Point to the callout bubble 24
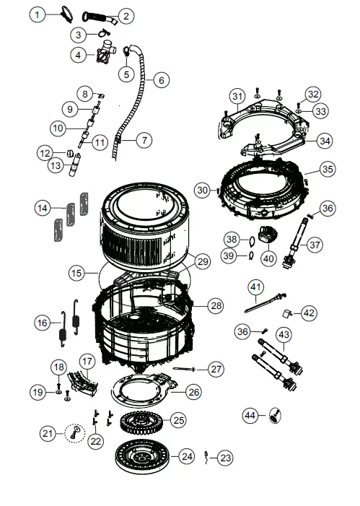click(186, 456)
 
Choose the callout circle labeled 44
click(250, 415)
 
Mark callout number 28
click(216, 305)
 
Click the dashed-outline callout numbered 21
click(48, 433)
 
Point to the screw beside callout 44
click(274, 415)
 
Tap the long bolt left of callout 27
click(184, 369)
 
